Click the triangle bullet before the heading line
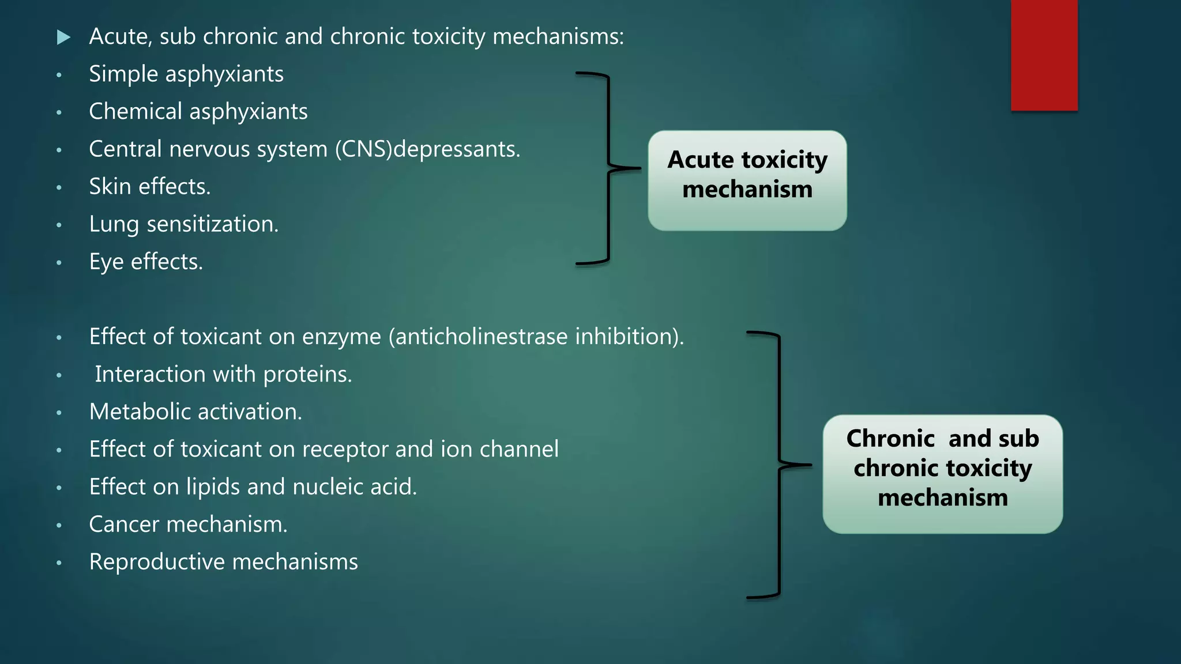pos(63,38)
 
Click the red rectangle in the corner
pos(1044,55)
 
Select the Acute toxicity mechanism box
pos(747,180)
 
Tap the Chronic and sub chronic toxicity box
pos(942,474)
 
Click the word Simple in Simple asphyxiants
pos(123,74)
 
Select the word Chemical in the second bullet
pos(136,111)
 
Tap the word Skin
pos(110,187)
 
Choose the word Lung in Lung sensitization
pos(114,224)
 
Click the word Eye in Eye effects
pos(106,262)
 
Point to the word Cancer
pos(123,525)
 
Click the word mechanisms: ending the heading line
pos(558,37)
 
